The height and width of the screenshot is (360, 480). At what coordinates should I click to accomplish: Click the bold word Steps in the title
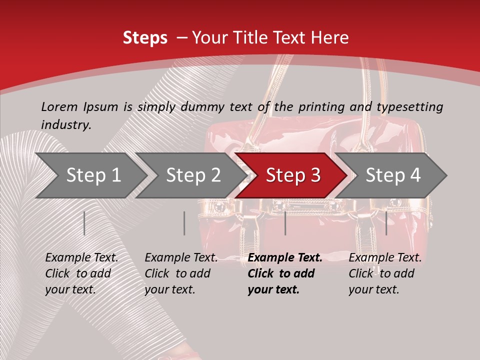click(145, 38)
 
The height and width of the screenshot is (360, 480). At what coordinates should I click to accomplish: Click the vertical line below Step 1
click(84, 223)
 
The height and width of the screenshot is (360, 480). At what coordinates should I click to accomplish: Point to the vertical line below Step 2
click(184, 223)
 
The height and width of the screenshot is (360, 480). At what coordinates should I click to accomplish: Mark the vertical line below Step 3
click(285, 223)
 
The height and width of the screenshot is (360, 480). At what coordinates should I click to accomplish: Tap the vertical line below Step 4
click(386, 223)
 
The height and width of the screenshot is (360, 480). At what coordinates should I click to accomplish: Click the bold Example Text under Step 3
click(285, 258)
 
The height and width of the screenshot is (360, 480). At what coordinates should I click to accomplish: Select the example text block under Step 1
click(81, 273)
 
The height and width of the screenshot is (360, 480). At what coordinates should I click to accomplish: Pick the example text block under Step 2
click(181, 273)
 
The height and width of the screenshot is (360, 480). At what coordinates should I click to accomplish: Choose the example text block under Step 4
click(385, 273)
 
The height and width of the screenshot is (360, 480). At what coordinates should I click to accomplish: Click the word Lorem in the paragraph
click(59, 106)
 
